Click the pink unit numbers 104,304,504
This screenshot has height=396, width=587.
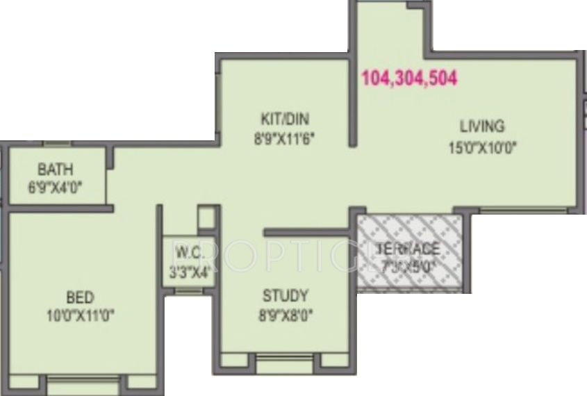[x=409, y=79]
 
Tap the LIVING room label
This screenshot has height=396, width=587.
[x=481, y=126]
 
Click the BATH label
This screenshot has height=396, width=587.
[x=56, y=170]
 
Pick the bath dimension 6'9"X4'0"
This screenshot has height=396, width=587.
[x=56, y=188]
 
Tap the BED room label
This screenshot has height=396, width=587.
[x=80, y=298]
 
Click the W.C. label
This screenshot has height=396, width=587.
[x=189, y=252]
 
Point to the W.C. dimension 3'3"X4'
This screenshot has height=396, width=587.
[x=189, y=272]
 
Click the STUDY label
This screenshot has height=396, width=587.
[x=285, y=295]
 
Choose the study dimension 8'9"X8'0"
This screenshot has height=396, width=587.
[x=285, y=315]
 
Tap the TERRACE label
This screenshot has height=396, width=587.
[x=408, y=249]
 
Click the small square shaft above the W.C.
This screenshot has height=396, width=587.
[x=207, y=217]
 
